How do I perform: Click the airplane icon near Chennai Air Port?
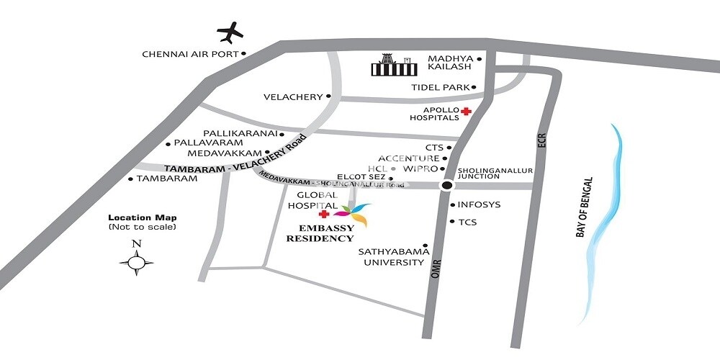[x=230, y=32]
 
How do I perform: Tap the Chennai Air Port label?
[x=190, y=54]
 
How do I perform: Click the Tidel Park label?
[x=440, y=87]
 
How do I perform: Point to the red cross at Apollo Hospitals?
[x=467, y=111]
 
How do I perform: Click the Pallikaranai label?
[x=240, y=134]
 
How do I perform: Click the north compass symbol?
[x=136, y=263]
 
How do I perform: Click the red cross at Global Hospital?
[x=324, y=215]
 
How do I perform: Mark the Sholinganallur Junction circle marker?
[x=446, y=185]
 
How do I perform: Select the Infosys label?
[x=479, y=205]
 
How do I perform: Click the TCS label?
[x=467, y=222]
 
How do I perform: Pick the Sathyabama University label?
[x=395, y=257]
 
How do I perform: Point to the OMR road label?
[x=435, y=270]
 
